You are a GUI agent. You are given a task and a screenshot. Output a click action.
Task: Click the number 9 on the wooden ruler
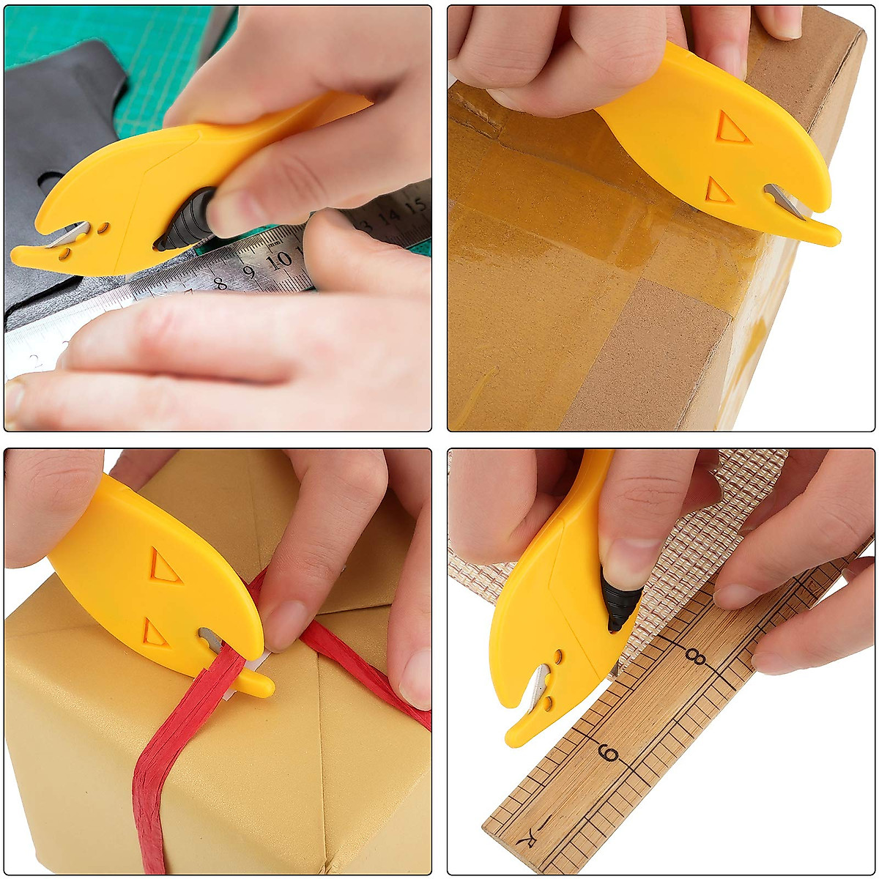tap(609, 753)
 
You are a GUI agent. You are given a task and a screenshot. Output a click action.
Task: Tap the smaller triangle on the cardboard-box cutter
tap(718, 192)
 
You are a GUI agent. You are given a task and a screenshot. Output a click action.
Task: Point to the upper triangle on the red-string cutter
tap(165, 566)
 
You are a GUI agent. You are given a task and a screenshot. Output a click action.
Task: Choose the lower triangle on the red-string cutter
tap(155, 632)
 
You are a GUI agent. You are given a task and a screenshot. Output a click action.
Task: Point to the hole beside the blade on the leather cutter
tap(103, 228)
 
